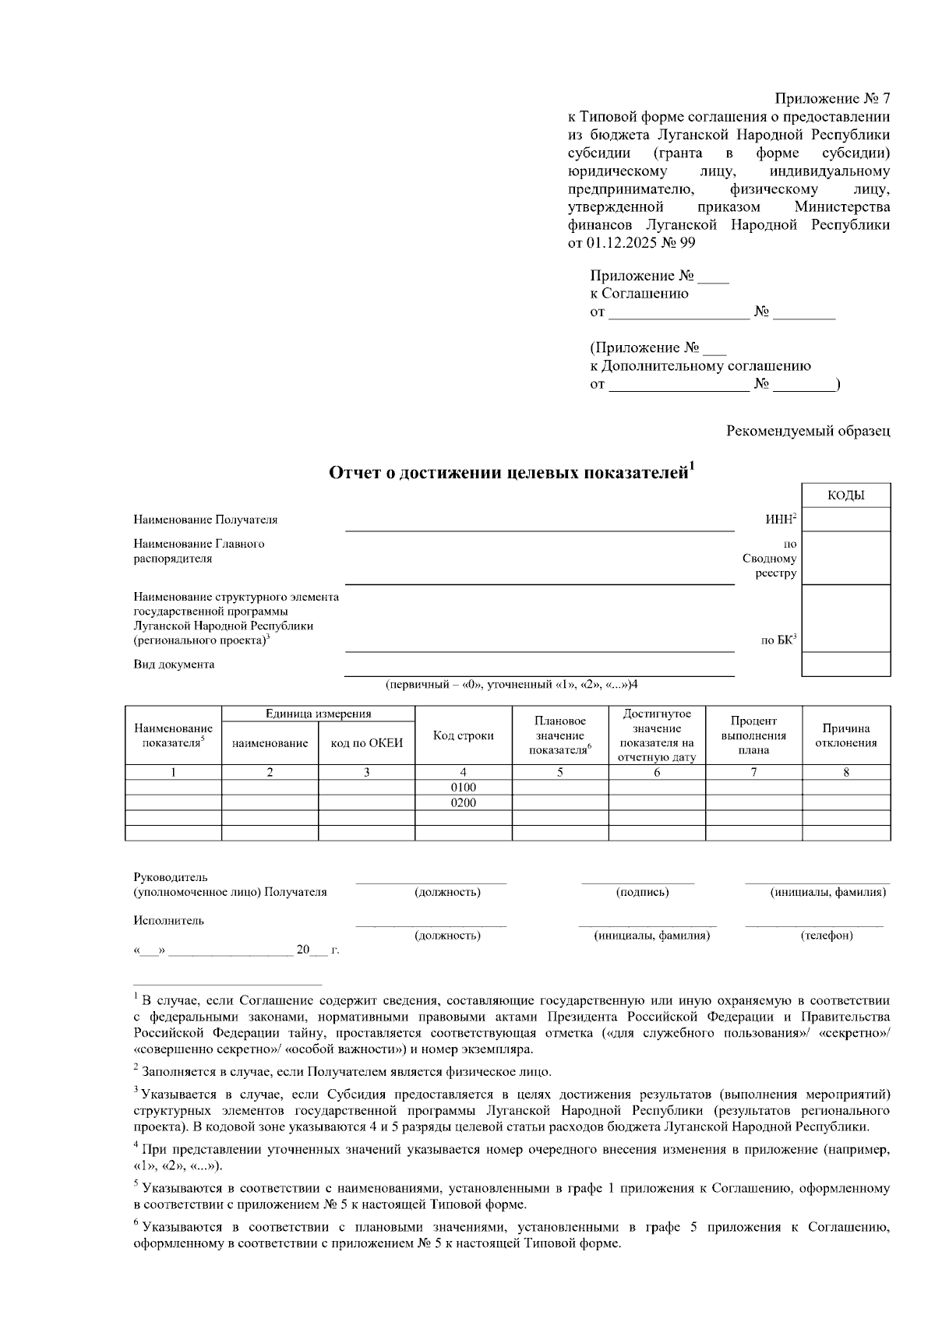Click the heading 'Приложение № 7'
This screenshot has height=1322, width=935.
point(831,99)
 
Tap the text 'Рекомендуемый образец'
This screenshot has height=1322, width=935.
point(808,430)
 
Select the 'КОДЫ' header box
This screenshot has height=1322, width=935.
point(845,495)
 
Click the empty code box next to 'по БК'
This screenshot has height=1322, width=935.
point(845,619)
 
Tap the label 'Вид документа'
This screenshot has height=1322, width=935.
point(174,665)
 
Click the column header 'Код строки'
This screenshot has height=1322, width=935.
point(463,736)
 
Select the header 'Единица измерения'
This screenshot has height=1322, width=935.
point(318,714)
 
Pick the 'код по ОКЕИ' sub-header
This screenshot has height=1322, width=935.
point(366,743)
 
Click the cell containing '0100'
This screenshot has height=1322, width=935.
point(463,788)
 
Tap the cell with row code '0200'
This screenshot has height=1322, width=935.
point(463,802)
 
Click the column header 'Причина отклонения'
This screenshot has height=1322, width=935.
point(845,736)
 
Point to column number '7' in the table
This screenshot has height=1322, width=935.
point(753,773)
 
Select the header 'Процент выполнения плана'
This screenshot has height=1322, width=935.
point(753,736)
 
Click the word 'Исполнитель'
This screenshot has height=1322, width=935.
point(168,921)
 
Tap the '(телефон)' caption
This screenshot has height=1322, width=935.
point(827,936)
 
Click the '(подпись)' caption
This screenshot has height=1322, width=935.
point(642,892)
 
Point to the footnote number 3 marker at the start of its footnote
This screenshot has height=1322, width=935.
point(136,1090)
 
